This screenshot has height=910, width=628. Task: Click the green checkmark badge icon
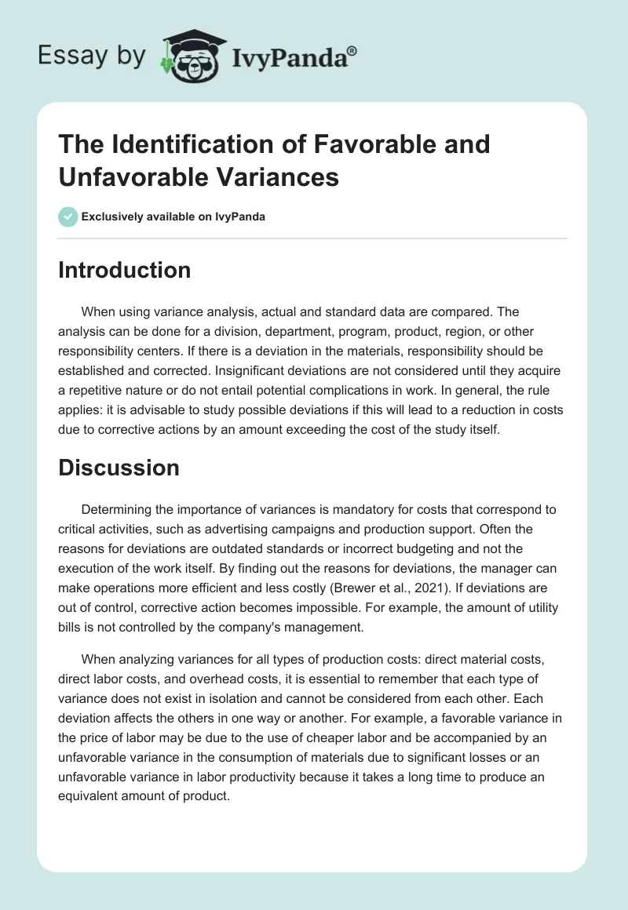(68, 217)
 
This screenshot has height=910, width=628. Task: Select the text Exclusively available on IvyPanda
(173, 217)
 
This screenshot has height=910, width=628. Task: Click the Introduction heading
(125, 270)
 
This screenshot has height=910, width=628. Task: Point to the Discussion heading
(119, 468)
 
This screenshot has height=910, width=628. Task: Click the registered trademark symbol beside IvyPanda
(352, 50)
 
